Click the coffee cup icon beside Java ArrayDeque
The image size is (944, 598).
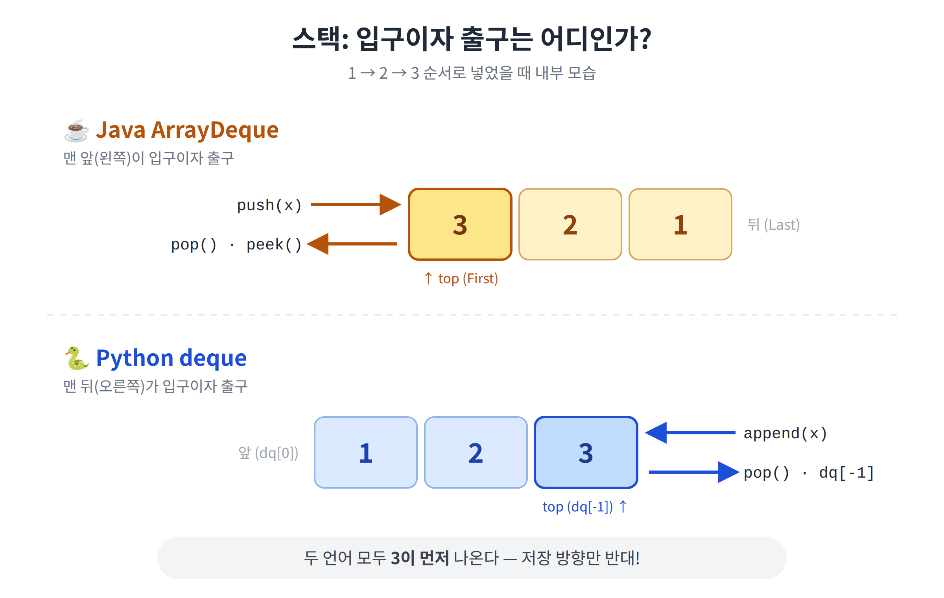[x=76, y=130]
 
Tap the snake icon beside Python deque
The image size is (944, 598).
[x=76, y=358]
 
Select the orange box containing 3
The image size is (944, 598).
[x=460, y=224]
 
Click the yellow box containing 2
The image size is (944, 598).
[x=570, y=224]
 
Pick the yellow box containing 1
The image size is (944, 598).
[x=680, y=224]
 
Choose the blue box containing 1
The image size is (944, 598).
[x=366, y=452]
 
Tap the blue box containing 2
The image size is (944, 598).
[x=476, y=452]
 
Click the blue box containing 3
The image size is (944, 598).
[x=586, y=452]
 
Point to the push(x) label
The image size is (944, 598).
[x=269, y=205]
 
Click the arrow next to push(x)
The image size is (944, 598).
[x=356, y=205]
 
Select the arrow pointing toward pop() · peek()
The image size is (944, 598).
[x=352, y=244]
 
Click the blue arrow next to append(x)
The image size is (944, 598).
[x=690, y=433]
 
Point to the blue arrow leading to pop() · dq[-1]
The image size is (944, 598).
[x=694, y=472]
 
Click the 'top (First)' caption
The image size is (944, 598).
[x=461, y=279]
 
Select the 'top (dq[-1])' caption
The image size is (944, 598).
[x=585, y=507]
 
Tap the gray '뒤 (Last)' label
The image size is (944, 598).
[x=774, y=225]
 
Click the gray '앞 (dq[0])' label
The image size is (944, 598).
[x=269, y=453]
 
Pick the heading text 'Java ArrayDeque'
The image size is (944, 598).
[x=187, y=131]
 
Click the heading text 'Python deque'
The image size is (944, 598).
[x=171, y=359]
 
